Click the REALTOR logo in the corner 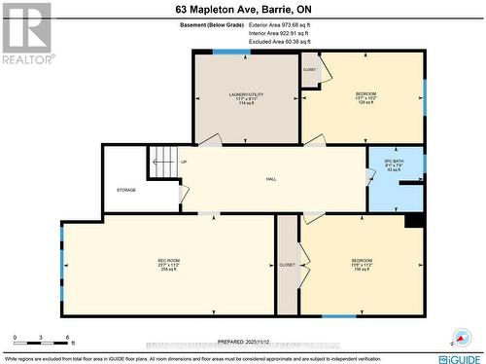click(26, 33)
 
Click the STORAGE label click(126, 190)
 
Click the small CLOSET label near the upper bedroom click(310, 70)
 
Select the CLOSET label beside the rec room click(287, 265)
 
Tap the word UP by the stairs click(184, 162)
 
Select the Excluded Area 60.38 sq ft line click(279, 42)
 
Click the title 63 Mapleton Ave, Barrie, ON click(242, 8)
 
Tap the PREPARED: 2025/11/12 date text click(245, 342)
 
